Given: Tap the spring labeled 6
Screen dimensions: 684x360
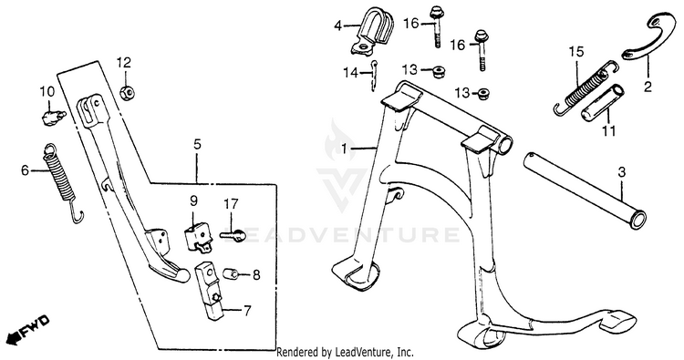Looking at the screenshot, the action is (61, 179).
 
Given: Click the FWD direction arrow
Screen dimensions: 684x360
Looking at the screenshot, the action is (29, 330).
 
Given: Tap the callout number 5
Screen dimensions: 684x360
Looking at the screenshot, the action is (197, 144).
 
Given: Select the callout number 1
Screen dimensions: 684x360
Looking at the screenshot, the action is (344, 149).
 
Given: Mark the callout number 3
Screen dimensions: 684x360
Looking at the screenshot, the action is (622, 172).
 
